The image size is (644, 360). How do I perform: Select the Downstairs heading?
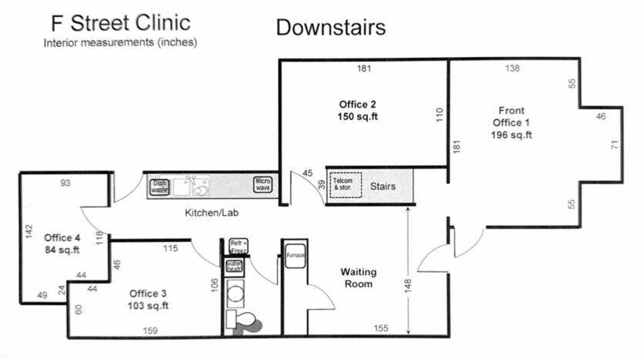point(330,29)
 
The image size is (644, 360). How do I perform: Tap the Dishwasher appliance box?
point(160,186)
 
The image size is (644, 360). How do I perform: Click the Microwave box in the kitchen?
point(263,184)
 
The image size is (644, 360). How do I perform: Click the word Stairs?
point(383,187)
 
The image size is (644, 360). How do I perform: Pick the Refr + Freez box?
point(238,247)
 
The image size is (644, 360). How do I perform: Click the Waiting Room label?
point(358,278)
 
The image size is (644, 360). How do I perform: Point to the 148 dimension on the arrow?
point(407,284)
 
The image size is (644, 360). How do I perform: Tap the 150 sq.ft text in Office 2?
point(357,116)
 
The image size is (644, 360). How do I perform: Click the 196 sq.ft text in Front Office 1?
point(511,135)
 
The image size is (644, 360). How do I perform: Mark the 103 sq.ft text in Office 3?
point(147,306)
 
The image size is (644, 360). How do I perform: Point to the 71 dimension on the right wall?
point(614,145)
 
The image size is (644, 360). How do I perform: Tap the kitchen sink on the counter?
point(191,186)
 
